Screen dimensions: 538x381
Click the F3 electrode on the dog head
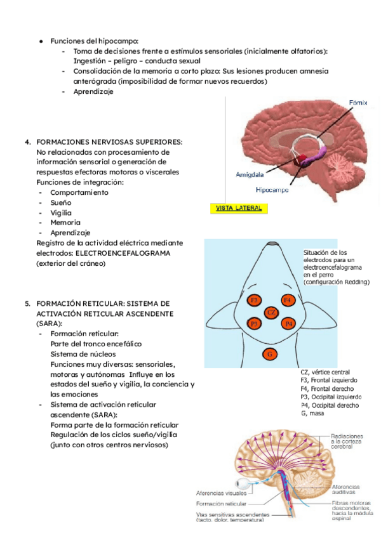253,300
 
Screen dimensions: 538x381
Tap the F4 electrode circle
287,299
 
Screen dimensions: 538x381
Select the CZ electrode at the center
271,312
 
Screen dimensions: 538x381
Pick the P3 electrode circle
253,324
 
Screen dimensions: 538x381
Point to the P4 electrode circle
288,324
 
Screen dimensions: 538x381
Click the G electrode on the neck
270,354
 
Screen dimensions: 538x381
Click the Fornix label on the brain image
358,102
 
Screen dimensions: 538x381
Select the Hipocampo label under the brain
272,190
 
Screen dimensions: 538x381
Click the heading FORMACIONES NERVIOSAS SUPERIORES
109,141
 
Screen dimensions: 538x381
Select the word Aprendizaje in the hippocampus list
93,91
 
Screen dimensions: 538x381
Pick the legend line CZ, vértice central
325,372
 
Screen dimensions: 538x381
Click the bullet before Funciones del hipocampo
40,41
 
